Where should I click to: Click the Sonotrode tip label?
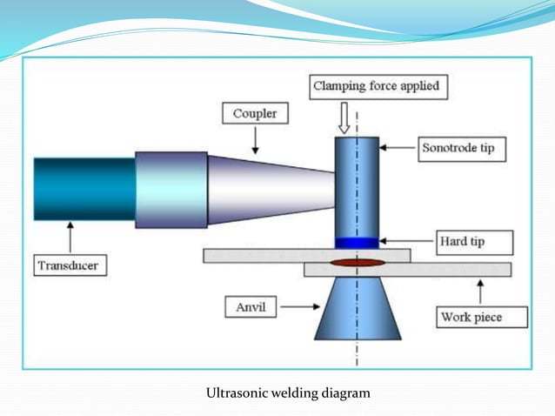coord(458,148)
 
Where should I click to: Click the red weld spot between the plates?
coord(358,261)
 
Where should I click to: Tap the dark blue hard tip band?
coord(358,242)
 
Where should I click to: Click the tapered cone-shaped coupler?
coord(270,188)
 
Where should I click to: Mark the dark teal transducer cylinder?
coord(84,189)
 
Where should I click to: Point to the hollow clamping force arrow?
coord(344,116)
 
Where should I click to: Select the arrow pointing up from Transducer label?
coord(70,236)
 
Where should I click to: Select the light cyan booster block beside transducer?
coord(171,189)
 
